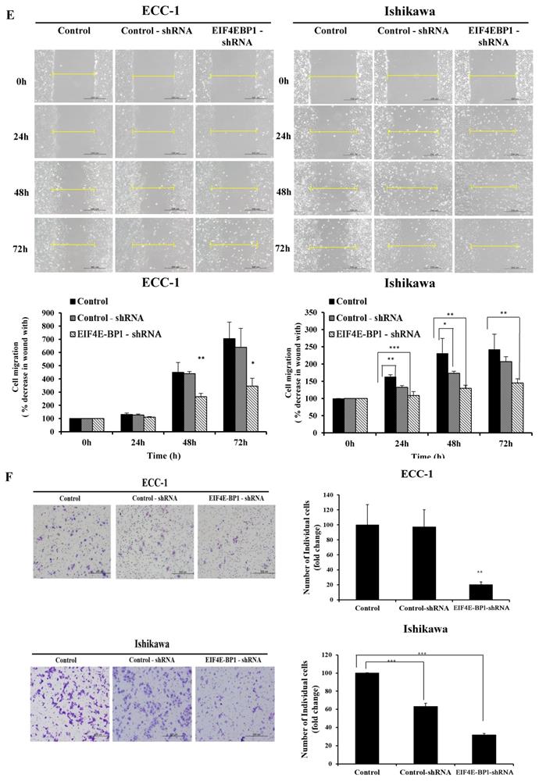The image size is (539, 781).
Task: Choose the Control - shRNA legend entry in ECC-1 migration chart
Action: tap(106, 316)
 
